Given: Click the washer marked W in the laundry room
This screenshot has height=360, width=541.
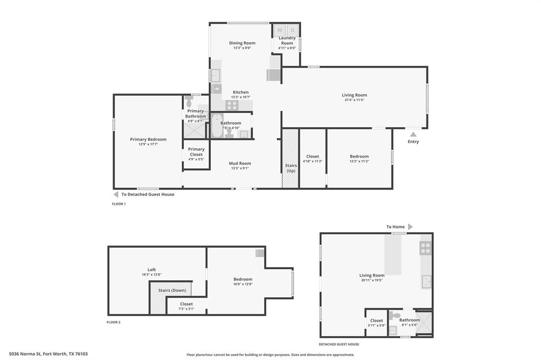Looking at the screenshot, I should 279,30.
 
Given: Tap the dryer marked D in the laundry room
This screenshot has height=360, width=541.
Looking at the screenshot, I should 293,30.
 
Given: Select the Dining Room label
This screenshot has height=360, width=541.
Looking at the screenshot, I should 242,43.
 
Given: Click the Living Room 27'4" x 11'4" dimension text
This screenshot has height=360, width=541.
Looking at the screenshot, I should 354,100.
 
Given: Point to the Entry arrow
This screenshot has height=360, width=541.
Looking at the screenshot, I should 413,135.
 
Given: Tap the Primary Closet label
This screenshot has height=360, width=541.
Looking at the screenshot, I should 196,151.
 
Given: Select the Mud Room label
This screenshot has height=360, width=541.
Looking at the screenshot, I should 240,163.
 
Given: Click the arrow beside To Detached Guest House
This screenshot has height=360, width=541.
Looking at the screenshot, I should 116,194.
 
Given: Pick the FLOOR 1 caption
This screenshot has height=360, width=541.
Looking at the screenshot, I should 119,204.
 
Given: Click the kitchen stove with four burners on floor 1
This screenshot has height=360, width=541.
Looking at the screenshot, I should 232,105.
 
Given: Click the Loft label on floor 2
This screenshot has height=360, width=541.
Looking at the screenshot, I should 152,270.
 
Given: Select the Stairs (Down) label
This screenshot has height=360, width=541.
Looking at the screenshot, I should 172,290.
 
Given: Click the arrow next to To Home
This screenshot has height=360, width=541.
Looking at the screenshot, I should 411,226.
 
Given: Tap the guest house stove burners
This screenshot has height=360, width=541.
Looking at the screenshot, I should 425,248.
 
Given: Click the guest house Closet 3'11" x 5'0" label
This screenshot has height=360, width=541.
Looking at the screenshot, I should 377,323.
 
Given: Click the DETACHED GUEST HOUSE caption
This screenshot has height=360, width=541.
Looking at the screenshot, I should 339,344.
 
